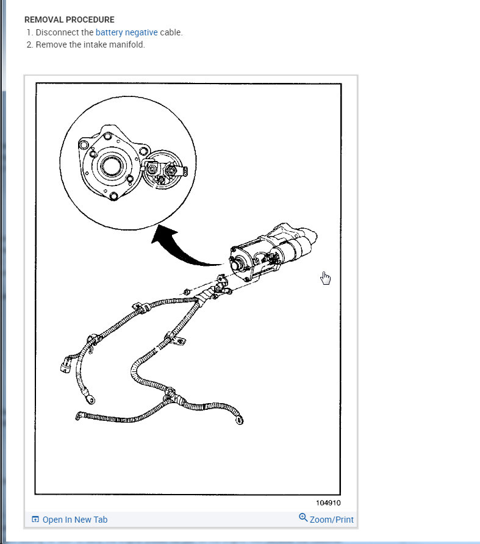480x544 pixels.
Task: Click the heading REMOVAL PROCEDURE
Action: click(69, 20)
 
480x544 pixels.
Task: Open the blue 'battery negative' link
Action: click(126, 32)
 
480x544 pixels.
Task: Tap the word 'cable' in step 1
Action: click(170, 32)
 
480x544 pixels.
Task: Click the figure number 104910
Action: click(328, 503)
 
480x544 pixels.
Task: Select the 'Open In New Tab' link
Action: click(74, 520)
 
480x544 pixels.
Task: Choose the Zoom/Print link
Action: click(331, 520)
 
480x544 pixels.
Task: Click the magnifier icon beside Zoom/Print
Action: click(303, 518)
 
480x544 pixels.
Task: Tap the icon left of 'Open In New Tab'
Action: click(35, 520)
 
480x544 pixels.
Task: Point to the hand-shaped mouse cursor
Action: click(326, 278)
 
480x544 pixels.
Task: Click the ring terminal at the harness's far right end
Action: click(240, 419)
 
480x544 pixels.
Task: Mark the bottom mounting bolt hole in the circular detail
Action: click(113, 196)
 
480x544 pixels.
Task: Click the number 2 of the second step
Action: click(29, 45)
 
